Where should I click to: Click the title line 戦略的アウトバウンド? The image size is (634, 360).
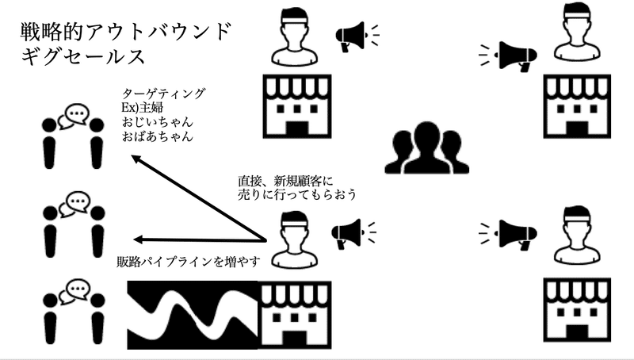pos(128,33)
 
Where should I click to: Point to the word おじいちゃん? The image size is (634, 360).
pos(158,122)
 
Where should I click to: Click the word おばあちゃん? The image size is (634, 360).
pos(158,136)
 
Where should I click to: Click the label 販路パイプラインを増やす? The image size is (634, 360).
pos(188,262)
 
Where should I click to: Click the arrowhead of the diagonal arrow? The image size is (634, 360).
pos(136,159)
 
